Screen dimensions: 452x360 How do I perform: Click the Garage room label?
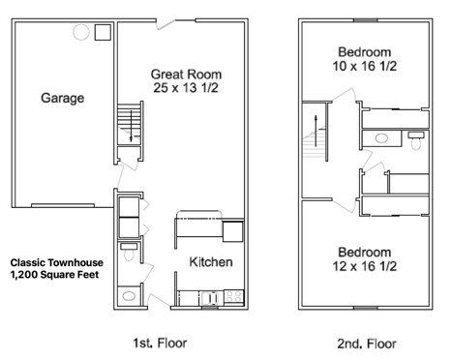point(63,98)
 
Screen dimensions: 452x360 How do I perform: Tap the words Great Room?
point(186,75)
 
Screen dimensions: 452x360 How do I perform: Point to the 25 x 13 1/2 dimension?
point(186,88)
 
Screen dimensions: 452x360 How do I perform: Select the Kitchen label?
point(211,261)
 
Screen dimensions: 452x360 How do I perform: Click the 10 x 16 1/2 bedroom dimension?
point(365,66)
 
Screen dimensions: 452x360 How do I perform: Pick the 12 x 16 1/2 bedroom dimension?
point(365,266)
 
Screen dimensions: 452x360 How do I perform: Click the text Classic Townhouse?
point(57,262)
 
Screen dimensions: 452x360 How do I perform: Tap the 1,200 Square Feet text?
point(54,275)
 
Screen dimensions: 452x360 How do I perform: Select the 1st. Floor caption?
point(160,343)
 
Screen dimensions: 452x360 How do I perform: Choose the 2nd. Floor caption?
point(367,344)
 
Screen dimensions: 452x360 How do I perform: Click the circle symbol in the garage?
point(81,32)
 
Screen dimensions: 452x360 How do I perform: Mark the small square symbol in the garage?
point(103,32)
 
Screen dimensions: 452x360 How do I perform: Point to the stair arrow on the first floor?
point(131,126)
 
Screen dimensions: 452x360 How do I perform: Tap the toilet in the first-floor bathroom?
point(129,252)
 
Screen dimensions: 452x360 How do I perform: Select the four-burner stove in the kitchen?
point(233,297)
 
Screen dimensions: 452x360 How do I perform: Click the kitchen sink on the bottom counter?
point(210,298)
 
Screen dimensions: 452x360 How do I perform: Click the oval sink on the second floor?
point(381,138)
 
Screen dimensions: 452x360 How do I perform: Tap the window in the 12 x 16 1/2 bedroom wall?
point(366,308)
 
